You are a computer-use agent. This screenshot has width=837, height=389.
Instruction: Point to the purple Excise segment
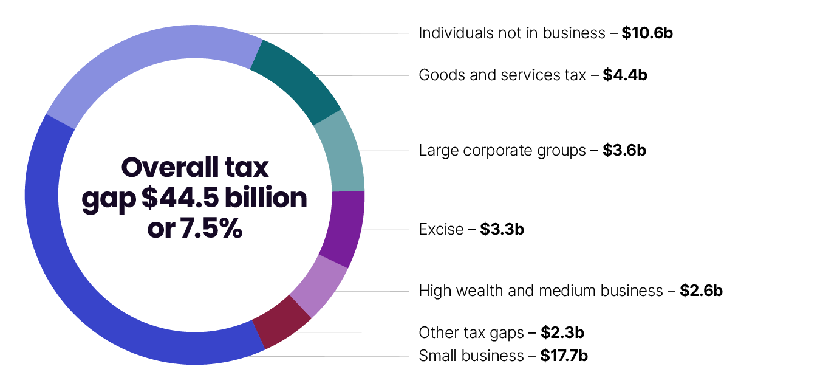341,228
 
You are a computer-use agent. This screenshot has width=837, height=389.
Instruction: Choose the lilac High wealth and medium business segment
318,286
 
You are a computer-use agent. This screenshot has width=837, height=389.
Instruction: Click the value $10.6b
647,33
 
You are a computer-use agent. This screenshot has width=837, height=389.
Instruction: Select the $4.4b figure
625,75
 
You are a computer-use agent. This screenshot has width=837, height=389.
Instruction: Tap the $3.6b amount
624,150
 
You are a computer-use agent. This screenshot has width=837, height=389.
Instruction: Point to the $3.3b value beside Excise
502,229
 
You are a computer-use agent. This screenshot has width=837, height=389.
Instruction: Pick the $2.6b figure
701,291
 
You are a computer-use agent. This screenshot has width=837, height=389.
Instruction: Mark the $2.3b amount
562,332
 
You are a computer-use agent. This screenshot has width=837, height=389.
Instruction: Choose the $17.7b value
564,356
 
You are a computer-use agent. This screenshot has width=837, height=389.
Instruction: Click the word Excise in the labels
441,229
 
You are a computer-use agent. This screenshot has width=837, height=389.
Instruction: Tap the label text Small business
471,356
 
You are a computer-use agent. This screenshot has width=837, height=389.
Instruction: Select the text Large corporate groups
502,150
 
